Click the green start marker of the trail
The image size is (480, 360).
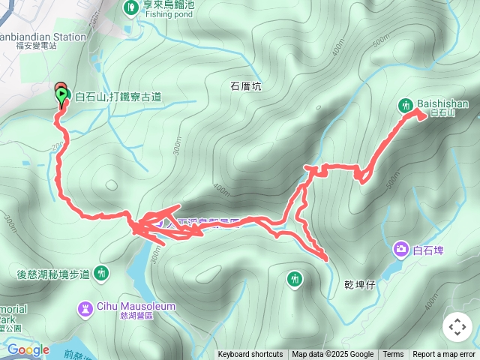point(60,95)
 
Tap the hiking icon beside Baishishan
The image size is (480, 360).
point(406,106)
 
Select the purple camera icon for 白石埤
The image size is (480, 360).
point(401,249)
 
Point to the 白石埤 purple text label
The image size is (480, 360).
point(428,249)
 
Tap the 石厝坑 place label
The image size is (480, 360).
point(245,87)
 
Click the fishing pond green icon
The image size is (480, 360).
point(130,7)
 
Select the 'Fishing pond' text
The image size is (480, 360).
point(169,13)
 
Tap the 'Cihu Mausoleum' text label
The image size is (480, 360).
point(136,306)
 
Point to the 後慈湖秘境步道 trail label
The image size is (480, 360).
point(52,274)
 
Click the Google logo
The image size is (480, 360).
point(28,349)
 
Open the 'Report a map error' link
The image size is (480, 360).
point(445,355)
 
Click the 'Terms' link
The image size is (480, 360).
point(393,355)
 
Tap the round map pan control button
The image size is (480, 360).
point(457,327)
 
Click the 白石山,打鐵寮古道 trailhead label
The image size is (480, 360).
point(118,97)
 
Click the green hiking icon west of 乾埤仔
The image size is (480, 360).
point(295,280)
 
